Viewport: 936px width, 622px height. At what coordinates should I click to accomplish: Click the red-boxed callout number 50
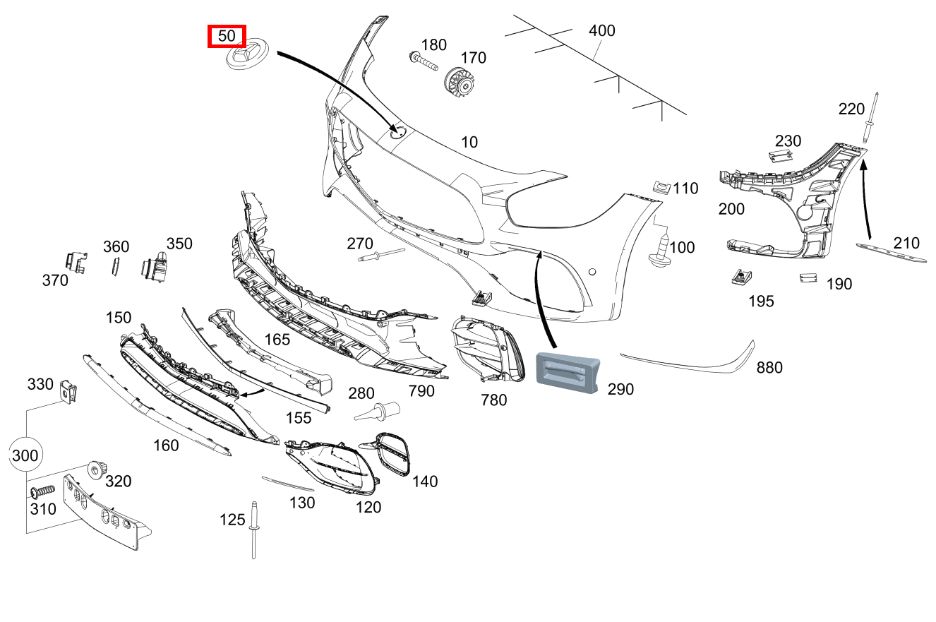coord(227,36)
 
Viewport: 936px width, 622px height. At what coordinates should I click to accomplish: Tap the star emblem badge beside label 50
coord(247,54)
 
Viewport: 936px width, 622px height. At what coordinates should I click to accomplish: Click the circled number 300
coord(25,455)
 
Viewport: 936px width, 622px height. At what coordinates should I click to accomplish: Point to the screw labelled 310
coord(42,491)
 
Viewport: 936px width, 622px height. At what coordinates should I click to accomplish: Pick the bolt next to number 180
coord(424,61)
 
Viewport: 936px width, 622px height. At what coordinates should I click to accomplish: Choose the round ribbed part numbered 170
coord(459,83)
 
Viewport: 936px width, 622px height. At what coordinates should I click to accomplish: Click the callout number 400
coord(601,30)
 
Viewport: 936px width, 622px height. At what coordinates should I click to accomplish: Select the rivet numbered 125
coord(253,530)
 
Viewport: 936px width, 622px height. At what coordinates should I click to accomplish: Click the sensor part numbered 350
coord(154,267)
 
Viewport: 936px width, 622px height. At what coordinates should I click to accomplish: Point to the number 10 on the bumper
coord(469,142)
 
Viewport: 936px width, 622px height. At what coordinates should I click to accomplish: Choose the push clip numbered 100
coord(660,251)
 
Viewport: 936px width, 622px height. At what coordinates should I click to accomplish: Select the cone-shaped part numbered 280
coord(377,412)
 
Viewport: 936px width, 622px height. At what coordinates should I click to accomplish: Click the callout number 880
coord(769,368)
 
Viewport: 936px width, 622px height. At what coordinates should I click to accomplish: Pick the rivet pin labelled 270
coord(381,255)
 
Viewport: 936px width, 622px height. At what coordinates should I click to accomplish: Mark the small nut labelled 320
coord(98,471)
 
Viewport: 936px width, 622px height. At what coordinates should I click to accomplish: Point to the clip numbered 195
coord(742,277)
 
